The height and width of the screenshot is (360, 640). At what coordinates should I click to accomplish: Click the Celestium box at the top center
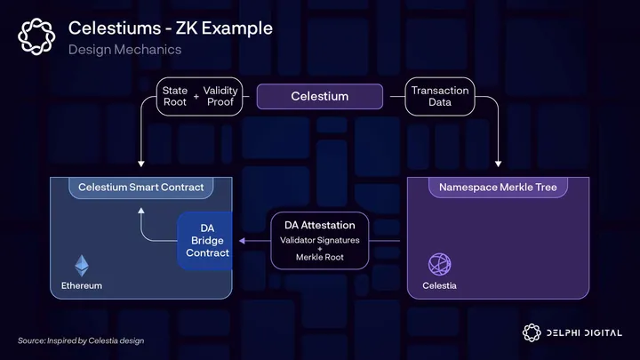point(320,96)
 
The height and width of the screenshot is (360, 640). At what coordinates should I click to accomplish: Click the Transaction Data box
point(439,96)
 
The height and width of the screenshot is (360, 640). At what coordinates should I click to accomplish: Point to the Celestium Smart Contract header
point(141,188)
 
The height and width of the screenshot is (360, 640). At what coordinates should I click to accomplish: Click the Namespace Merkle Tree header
point(497,188)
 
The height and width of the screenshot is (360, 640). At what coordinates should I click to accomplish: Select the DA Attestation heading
point(319,226)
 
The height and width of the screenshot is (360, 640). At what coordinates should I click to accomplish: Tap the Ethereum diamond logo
point(82,265)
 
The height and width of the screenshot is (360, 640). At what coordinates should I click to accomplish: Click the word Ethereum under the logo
point(82,286)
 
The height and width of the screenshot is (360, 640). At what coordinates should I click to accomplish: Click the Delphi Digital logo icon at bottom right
point(532,333)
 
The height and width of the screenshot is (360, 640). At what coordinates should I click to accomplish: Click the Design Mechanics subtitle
point(124,49)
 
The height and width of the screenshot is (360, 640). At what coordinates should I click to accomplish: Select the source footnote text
point(81,340)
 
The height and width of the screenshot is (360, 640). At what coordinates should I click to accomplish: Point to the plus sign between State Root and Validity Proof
point(196,96)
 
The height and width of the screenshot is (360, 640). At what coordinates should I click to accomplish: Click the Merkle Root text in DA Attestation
point(319,258)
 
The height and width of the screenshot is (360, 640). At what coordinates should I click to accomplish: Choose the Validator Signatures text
point(319,241)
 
